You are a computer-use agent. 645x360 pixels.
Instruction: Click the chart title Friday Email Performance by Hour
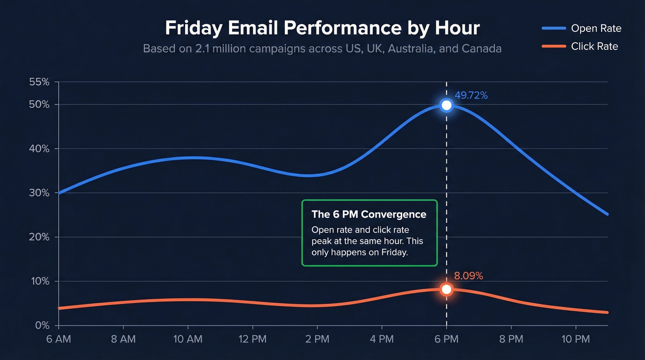pyautogui.click(x=322, y=29)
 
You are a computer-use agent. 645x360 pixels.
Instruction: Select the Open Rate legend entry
pyautogui.click(x=596, y=29)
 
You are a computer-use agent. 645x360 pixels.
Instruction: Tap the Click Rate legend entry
pyautogui.click(x=594, y=47)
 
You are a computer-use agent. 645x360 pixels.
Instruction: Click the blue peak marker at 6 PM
pyautogui.click(x=446, y=106)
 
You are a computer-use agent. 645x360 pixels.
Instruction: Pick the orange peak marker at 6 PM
pyautogui.click(x=446, y=289)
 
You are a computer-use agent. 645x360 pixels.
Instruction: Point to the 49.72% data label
pyautogui.click(x=471, y=96)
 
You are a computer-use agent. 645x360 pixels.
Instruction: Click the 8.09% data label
pyautogui.click(x=469, y=276)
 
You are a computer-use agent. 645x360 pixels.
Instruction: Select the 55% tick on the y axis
pyautogui.click(x=39, y=83)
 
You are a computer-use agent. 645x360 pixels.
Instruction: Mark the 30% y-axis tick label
pyautogui.click(x=39, y=193)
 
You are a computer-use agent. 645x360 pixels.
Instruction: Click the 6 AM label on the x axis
pyautogui.click(x=59, y=340)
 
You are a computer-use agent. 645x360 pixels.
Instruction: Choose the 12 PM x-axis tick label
pyautogui.click(x=252, y=340)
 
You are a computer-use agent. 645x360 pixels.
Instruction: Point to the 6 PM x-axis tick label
pyautogui.click(x=446, y=340)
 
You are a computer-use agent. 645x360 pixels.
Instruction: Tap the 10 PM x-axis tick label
pyautogui.click(x=575, y=340)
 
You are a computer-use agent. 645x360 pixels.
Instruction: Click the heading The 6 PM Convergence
pyautogui.click(x=369, y=214)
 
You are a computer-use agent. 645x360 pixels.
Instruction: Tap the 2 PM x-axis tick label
pyautogui.click(x=317, y=340)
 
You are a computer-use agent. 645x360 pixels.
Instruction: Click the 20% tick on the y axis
pyautogui.click(x=39, y=237)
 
